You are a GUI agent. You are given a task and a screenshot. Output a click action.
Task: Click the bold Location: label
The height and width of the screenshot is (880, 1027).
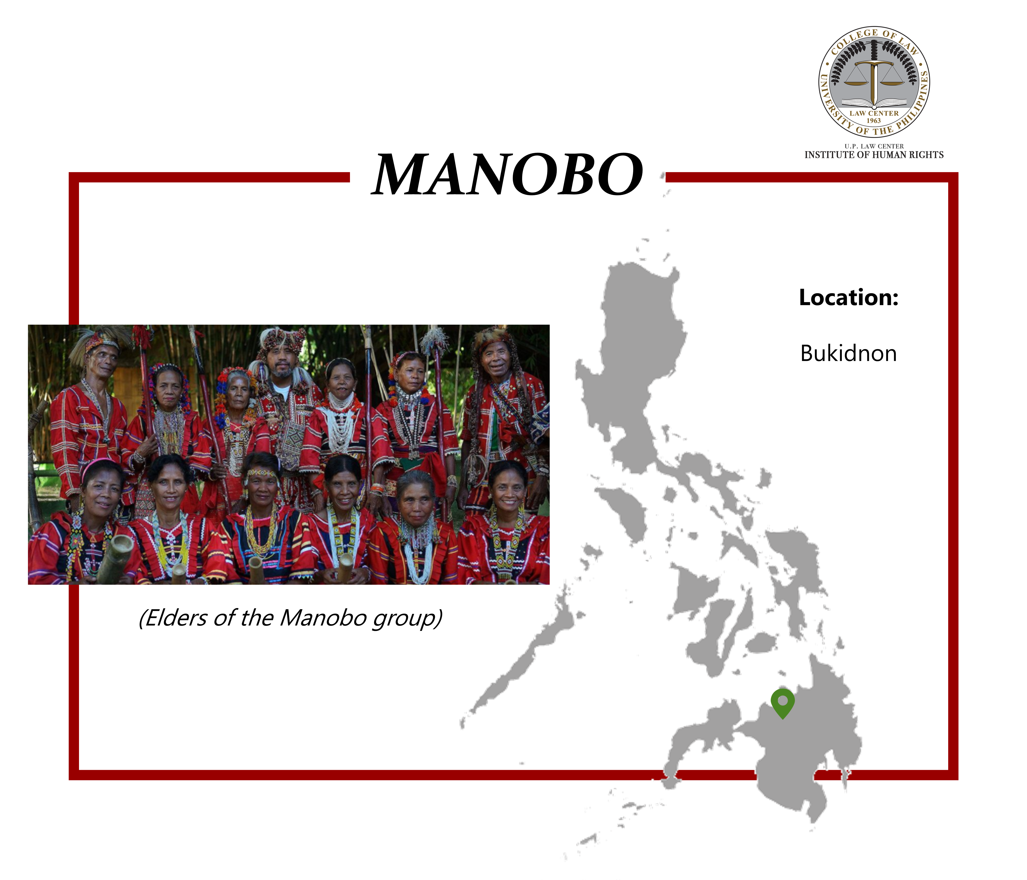pos(849,297)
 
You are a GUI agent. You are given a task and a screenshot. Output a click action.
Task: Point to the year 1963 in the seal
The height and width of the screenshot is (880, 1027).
pos(874,120)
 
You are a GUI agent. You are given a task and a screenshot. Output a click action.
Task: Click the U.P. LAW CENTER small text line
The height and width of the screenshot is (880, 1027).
pos(874,146)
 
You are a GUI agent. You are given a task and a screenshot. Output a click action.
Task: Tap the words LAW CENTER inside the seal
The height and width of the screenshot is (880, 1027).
pos(874,113)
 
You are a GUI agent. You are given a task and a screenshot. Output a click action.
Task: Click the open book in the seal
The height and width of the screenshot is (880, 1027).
pos(874,103)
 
